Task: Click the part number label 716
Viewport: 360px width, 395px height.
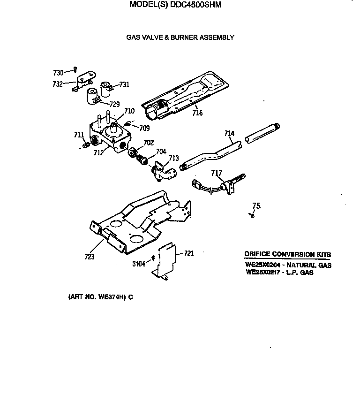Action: (x=197, y=113)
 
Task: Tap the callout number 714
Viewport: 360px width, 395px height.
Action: (x=229, y=134)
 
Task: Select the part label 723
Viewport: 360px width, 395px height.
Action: (x=89, y=256)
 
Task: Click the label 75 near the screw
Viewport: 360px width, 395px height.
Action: (x=256, y=205)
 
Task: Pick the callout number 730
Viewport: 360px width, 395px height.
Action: (x=58, y=73)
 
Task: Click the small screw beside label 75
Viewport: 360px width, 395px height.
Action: (x=253, y=215)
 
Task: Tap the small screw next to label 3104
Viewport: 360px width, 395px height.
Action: (x=153, y=258)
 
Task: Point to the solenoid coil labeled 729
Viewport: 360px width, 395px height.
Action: (x=93, y=96)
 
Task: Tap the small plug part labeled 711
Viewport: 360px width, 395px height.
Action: (x=85, y=145)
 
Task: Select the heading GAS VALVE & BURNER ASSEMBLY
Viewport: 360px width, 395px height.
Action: (x=180, y=37)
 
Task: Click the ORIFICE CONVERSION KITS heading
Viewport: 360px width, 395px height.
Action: (x=287, y=254)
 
